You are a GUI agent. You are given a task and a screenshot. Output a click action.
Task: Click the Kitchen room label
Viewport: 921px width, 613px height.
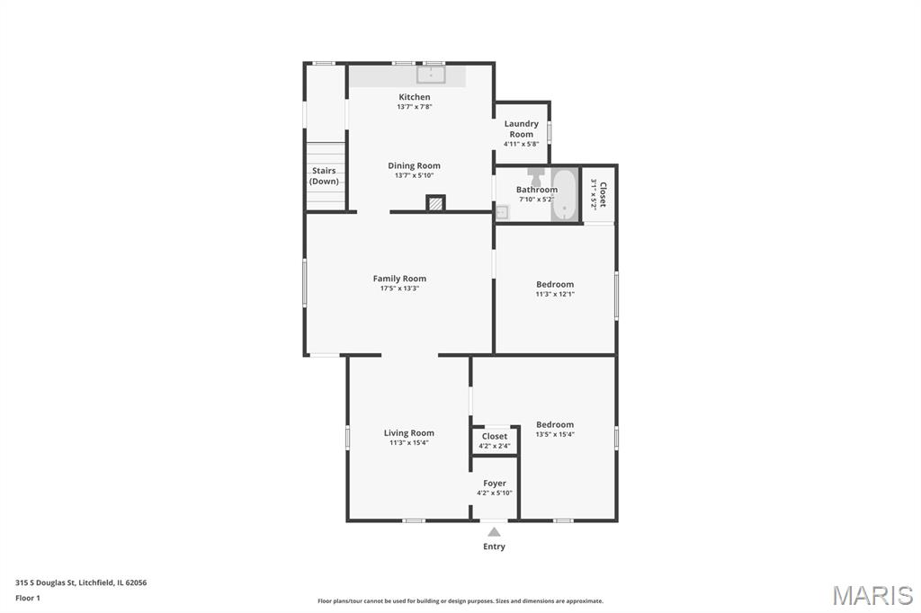coord(414,97)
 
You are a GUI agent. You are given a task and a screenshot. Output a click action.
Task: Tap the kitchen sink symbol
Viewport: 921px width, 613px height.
coord(431,75)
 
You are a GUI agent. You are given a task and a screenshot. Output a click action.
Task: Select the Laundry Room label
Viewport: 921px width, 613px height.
coord(521,129)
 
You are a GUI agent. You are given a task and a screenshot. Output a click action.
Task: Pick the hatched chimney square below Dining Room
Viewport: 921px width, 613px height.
coord(435,204)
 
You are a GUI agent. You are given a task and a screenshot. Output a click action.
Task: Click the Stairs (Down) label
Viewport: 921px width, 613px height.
coord(324,175)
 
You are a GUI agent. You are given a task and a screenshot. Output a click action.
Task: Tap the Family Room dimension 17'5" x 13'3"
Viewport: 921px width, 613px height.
coord(399,289)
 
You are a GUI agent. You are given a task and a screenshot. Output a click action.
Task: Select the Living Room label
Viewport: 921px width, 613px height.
coord(409,432)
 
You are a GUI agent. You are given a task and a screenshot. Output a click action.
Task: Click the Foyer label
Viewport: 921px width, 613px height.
coord(495,484)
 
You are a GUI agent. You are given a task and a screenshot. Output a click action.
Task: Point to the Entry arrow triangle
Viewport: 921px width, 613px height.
coord(495,532)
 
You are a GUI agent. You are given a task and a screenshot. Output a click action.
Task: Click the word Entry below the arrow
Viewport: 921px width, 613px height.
coord(494,546)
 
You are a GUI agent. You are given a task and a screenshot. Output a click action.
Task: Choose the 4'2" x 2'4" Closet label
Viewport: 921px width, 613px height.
coord(495,436)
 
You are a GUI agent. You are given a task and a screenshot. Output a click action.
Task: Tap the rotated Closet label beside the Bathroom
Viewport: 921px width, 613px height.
coord(602,194)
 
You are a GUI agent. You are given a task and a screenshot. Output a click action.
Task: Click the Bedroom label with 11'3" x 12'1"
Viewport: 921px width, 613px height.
coord(555,284)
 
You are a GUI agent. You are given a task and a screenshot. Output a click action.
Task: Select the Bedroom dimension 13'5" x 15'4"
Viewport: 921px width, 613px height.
coord(555,434)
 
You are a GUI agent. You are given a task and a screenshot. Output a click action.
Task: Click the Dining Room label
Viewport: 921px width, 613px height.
coord(414,165)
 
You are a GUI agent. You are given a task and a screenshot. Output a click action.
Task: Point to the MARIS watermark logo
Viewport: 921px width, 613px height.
coord(872,595)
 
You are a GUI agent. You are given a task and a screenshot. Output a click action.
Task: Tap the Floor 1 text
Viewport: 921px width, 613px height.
coord(28,598)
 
